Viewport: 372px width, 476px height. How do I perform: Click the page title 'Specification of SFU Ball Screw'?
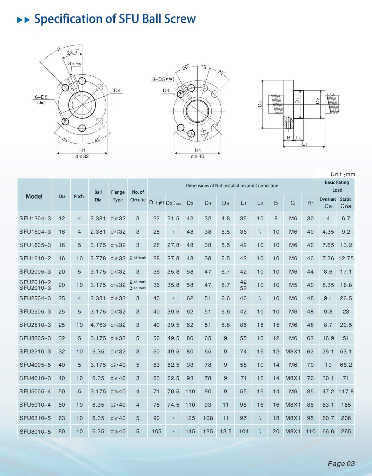pos(115,19)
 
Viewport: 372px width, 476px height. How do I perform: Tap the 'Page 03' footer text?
pos(341,463)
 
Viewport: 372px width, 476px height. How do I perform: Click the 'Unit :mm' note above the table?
pos(343,174)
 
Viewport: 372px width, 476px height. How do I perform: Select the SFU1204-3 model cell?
pos(35,219)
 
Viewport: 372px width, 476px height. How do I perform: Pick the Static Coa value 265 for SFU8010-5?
pos(346,432)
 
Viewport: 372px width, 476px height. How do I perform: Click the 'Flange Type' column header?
pos(118,196)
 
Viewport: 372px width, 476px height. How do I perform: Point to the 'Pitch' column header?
pos(79,196)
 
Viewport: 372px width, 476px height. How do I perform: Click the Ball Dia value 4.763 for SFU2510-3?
pos(98,325)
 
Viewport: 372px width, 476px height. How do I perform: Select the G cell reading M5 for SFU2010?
pos(293,285)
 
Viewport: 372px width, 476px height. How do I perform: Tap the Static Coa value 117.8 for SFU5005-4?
pos(346,392)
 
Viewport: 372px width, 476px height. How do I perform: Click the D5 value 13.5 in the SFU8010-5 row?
pos(225,432)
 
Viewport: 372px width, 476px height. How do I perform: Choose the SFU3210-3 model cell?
pos(35,352)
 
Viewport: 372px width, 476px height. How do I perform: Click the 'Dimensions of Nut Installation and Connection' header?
pos(232,186)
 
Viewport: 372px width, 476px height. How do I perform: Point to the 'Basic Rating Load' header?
pos(337,186)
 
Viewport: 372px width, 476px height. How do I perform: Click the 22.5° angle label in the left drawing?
pos(73,52)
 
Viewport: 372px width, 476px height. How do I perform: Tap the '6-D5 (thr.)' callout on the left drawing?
pos(41,99)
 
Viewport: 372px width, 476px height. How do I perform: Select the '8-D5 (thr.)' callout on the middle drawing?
pos(163,79)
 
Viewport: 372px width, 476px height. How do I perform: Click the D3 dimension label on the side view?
pos(260,104)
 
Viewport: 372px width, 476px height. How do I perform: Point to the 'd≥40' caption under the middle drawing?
pos(198,156)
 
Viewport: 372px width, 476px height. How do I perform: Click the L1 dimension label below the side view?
pos(304,144)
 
